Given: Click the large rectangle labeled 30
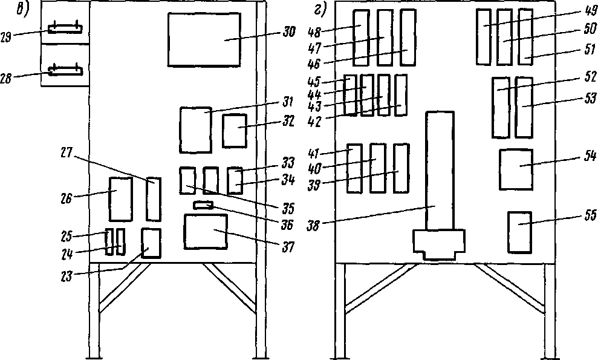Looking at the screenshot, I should tap(204, 39).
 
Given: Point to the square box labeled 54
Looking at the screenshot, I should tap(516, 169).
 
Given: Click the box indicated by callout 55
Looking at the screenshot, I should tap(519, 232).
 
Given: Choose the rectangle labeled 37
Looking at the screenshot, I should tap(206, 231).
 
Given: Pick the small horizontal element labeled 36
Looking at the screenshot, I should tap(204, 206).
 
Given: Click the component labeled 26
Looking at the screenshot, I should tap(120, 199).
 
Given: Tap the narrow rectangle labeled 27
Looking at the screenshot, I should tap(154, 199).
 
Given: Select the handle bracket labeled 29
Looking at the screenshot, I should tap(65, 28).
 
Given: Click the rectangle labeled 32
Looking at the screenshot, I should tap(234, 130).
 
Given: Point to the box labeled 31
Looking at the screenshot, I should tap(195, 130).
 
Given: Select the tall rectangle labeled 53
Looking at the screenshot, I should tap(524, 107).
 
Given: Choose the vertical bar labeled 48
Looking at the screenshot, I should tap(361, 38).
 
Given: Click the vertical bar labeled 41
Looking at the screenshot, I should tap(355, 168).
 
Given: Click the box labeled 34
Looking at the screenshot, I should tap(234, 180).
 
